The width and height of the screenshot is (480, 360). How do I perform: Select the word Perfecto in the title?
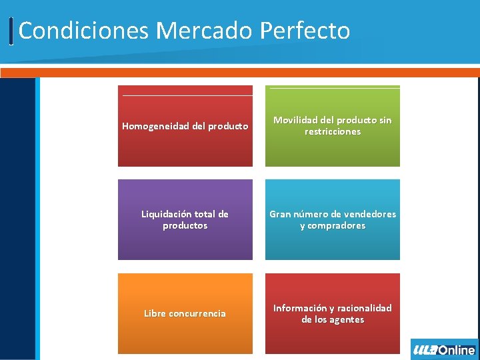pyautogui.click(x=305, y=31)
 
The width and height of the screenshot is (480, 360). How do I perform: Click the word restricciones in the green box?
pyautogui.click(x=333, y=132)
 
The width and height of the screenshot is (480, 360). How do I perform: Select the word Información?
pyautogui.click(x=300, y=308)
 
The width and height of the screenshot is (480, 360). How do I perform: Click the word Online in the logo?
pyautogui.click(x=457, y=350)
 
